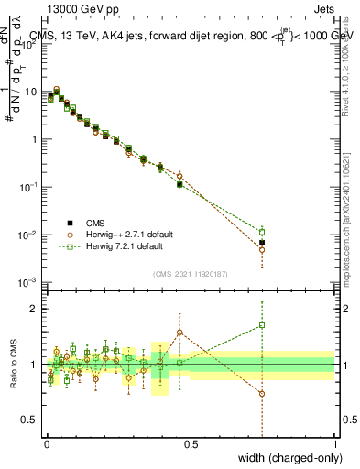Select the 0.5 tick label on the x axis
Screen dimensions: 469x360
[x=191, y=444]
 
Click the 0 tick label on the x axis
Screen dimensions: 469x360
[x=47, y=444]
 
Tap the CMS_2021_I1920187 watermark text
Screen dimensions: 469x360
[x=191, y=272]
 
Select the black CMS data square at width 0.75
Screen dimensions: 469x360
[x=262, y=243]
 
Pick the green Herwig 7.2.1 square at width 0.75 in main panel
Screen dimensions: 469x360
[x=262, y=232]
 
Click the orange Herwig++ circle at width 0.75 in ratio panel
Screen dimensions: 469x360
[x=262, y=394]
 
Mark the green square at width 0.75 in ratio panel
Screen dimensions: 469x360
[x=262, y=324]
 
